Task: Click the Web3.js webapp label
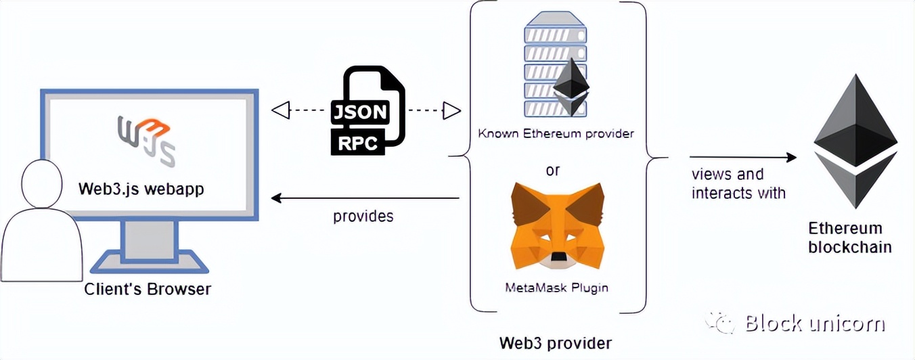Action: tap(141, 188)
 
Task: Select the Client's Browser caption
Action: tap(148, 289)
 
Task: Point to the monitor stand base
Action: tap(148, 261)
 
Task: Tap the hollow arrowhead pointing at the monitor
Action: tap(280, 109)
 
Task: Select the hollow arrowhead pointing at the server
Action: tap(451, 110)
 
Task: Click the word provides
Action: tap(363, 217)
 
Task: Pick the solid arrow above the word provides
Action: tap(365, 198)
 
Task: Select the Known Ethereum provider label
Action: tap(556, 133)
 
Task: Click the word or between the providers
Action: tap(553, 170)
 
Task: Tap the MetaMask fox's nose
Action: tap(558, 258)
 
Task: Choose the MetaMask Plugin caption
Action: tap(556, 288)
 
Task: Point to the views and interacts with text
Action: tap(738, 183)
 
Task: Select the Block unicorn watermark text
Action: tap(815, 323)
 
